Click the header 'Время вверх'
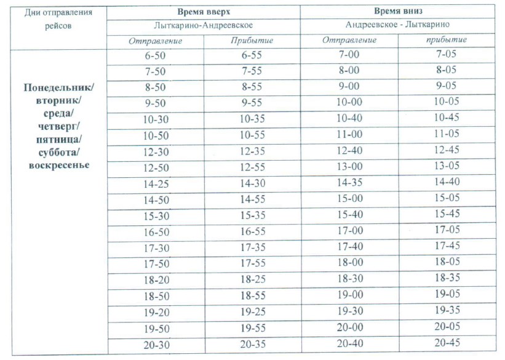pyautogui.click(x=203, y=12)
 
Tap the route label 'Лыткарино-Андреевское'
pyautogui.click(x=203, y=26)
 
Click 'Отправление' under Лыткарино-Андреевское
pyautogui.click(x=154, y=41)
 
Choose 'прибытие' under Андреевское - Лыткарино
pyautogui.click(x=447, y=40)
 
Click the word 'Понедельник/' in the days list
pyautogui.click(x=59, y=87)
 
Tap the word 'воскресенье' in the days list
pyautogui.click(x=59, y=166)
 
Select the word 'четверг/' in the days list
pyautogui.click(x=59, y=126)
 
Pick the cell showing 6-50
pyautogui.click(x=154, y=55)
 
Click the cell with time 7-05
pyautogui.click(x=447, y=54)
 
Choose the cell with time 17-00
pyautogui.click(x=349, y=231)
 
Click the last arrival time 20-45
pyautogui.click(x=447, y=343)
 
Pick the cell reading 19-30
pyautogui.click(x=349, y=311)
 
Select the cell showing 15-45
pyautogui.click(x=447, y=214)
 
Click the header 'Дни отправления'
pyautogui.click(x=59, y=14)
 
